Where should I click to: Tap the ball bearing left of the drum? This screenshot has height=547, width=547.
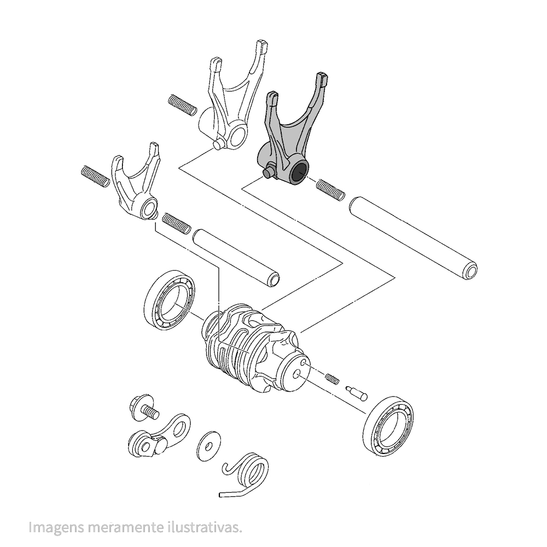click(170, 300)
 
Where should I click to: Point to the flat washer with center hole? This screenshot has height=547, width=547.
click(209, 446)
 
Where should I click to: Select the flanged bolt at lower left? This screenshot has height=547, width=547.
click(143, 407)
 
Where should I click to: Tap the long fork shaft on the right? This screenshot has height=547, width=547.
click(413, 237)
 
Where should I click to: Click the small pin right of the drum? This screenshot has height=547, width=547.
click(356, 392)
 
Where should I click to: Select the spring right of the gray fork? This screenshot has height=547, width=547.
click(330, 190)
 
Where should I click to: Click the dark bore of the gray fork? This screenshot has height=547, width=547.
click(299, 173)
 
